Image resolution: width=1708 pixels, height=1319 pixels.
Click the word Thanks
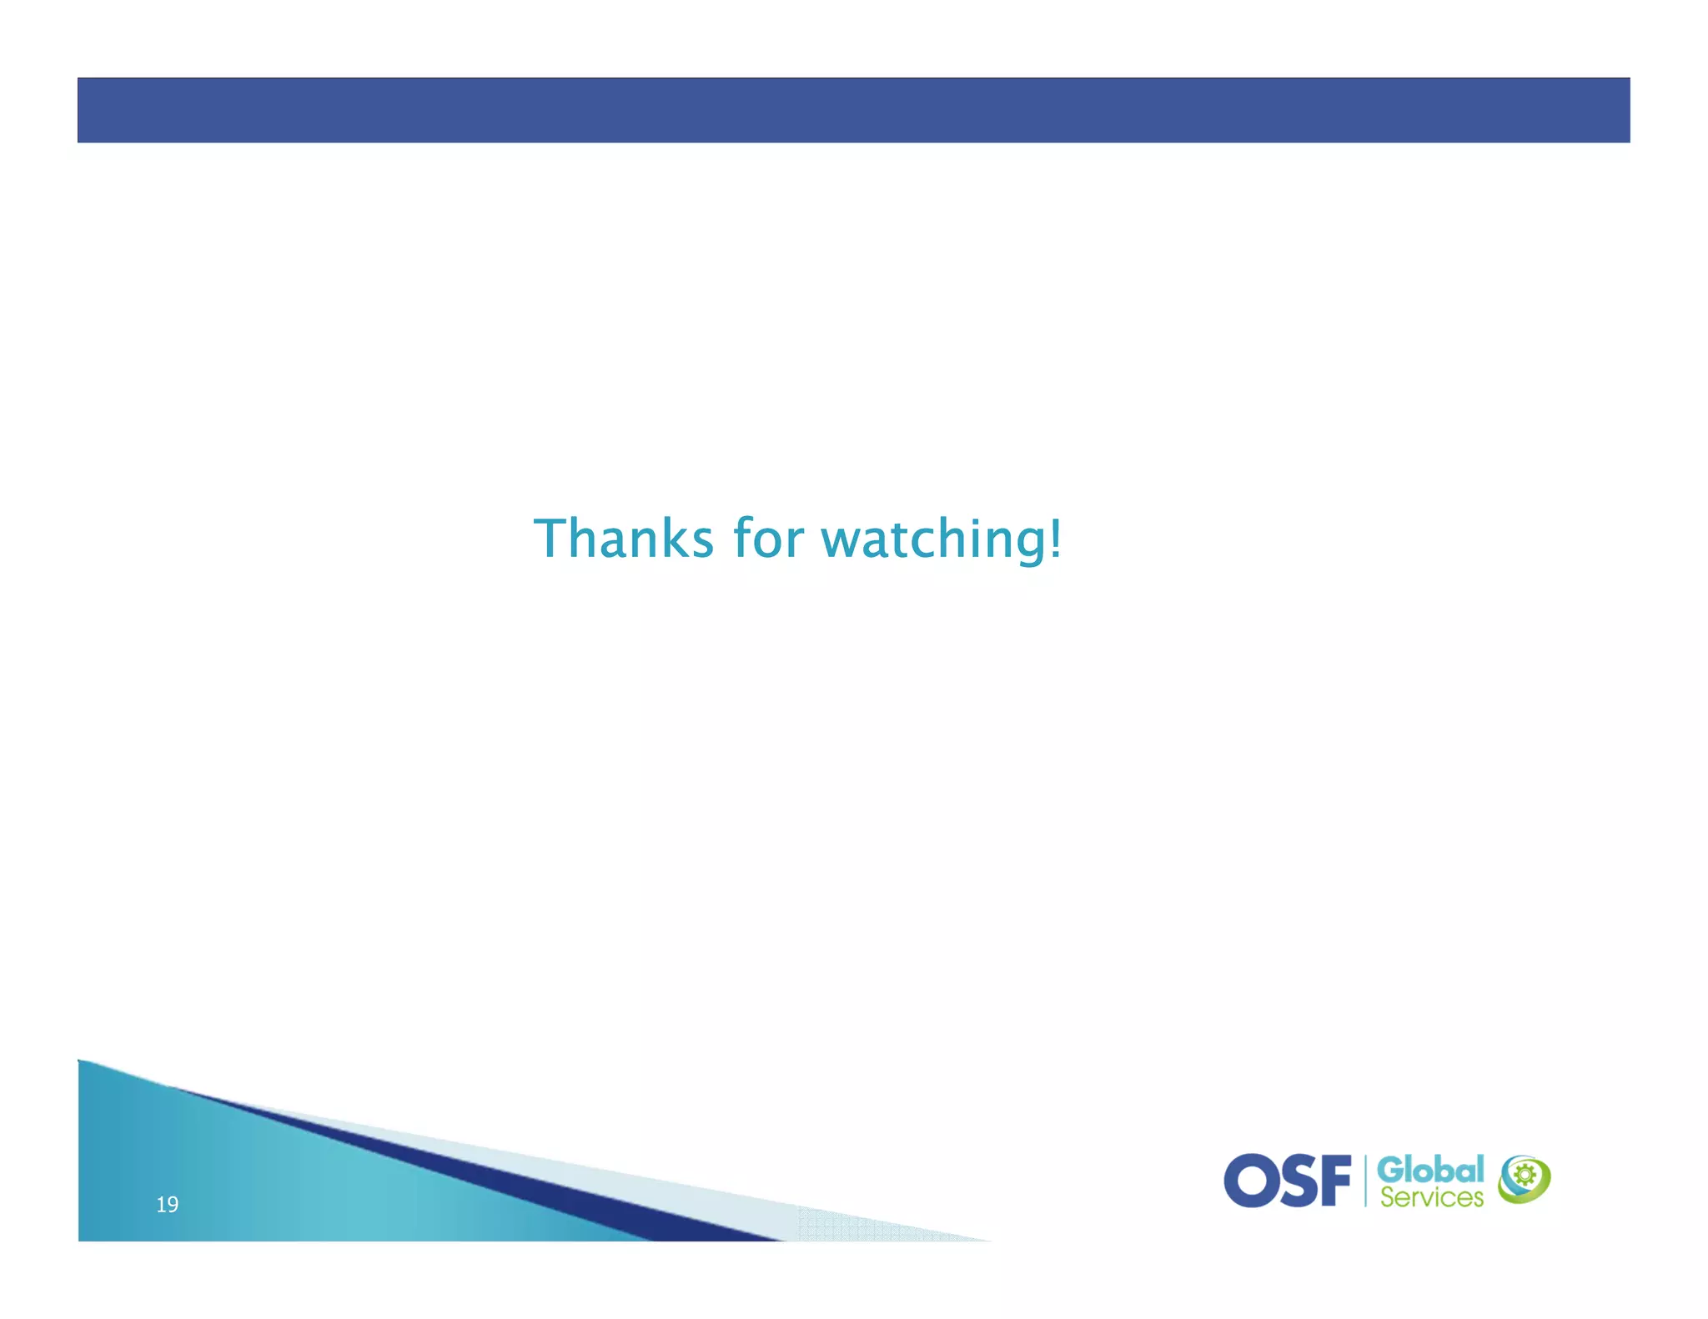(x=623, y=539)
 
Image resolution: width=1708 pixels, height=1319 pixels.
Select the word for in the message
(x=768, y=539)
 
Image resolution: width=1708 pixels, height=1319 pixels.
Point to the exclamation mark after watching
(x=1056, y=539)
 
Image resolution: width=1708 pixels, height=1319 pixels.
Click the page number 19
(x=167, y=1204)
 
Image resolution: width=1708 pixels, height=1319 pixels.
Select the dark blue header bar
(x=853, y=110)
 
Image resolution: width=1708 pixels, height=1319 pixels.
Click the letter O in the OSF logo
(x=1248, y=1181)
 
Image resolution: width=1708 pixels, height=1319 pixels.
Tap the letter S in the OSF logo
(x=1294, y=1181)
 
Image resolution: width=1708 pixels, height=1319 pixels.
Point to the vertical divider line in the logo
(x=1365, y=1181)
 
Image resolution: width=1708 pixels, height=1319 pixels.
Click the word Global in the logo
(x=1429, y=1169)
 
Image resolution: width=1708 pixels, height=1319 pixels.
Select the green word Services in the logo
(x=1431, y=1198)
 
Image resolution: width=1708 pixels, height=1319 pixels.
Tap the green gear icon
(x=1525, y=1176)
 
